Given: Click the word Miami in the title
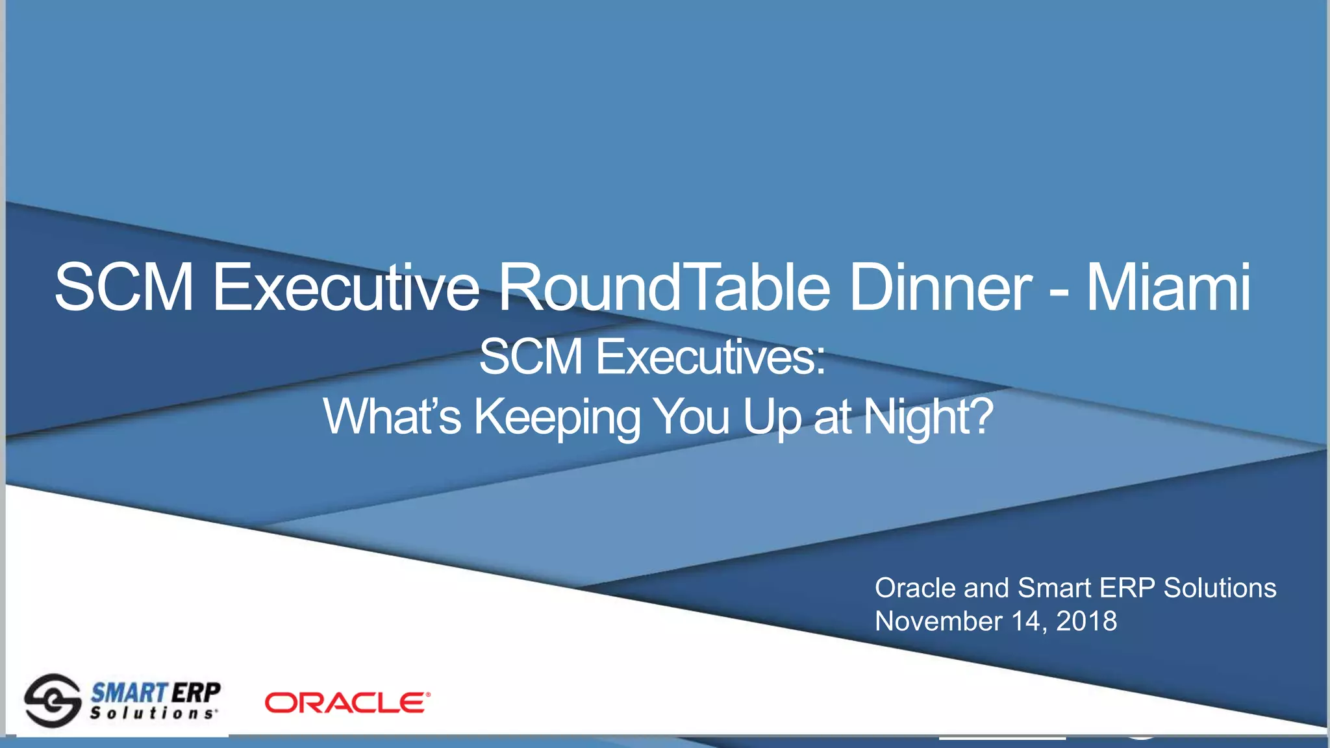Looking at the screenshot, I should pyautogui.click(x=1168, y=288).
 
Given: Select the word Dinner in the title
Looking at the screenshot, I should pyautogui.click(x=940, y=288).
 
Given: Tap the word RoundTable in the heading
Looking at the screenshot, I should pyautogui.click(x=664, y=288).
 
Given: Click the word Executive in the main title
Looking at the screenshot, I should pyautogui.click(x=345, y=288).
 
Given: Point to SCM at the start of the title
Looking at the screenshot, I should pyautogui.click(x=124, y=288).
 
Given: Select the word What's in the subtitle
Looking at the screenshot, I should pyautogui.click(x=392, y=417).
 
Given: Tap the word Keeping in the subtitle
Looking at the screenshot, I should pyautogui.click(x=557, y=418).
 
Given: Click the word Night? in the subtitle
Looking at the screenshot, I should pyautogui.click(x=929, y=418).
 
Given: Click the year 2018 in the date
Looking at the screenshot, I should pyautogui.click(x=1086, y=621).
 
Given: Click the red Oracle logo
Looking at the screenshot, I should pyautogui.click(x=347, y=703).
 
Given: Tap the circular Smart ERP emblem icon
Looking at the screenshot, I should pyautogui.click(x=52, y=701).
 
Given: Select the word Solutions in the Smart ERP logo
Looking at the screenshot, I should pyautogui.click(x=153, y=714).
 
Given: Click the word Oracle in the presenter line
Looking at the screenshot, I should pyautogui.click(x=915, y=588).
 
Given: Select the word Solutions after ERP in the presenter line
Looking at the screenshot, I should pyautogui.click(x=1219, y=588).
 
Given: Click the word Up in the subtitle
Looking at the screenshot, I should pyautogui.click(x=772, y=418).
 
